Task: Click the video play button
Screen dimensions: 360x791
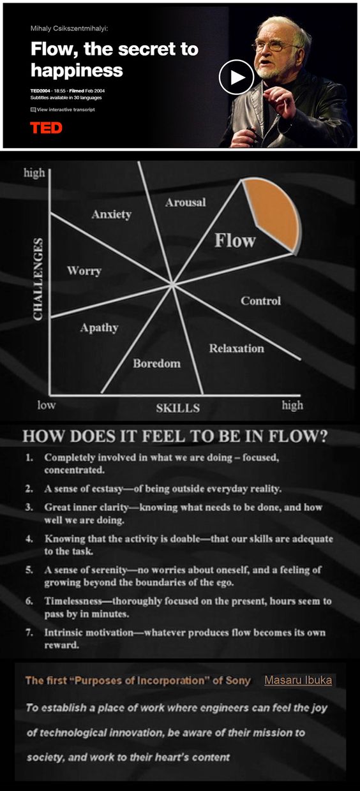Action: [x=236, y=77]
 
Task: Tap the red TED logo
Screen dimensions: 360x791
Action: [x=47, y=128]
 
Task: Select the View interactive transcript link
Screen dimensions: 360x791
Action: [x=63, y=110]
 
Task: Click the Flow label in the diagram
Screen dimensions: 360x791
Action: [x=235, y=240]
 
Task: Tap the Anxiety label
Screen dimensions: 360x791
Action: [x=112, y=214]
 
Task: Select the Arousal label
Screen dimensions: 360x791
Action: [x=186, y=202]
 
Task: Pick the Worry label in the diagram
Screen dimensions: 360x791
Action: [x=84, y=271]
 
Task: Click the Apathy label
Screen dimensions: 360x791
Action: [x=100, y=328]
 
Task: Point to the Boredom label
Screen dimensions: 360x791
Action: [x=157, y=364]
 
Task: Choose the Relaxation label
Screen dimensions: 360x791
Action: [x=236, y=348]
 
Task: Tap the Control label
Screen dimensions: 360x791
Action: [x=260, y=301]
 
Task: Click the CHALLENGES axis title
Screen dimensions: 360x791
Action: [x=38, y=279]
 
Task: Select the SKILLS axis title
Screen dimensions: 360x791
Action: [x=177, y=408]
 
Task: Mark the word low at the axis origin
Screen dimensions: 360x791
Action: [x=47, y=405]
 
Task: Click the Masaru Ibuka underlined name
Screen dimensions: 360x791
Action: [x=298, y=680]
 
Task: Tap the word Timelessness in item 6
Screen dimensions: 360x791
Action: [x=73, y=601]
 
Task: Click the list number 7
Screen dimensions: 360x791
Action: [x=29, y=632]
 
